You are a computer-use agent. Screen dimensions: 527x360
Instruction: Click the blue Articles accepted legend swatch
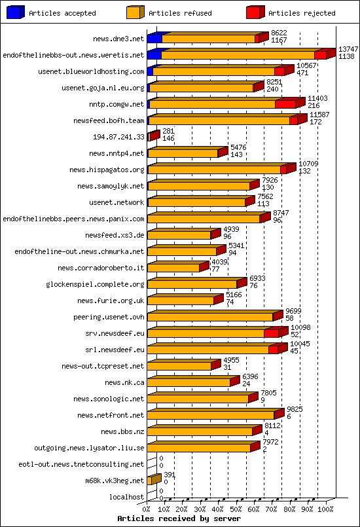click(x=13, y=12)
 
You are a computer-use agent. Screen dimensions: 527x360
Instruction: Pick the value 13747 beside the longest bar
click(x=348, y=50)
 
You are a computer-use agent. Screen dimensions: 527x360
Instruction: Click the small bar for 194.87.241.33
click(x=153, y=137)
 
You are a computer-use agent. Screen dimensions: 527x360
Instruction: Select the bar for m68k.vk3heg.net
click(x=153, y=481)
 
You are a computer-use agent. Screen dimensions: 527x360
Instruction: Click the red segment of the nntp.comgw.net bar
click(x=285, y=104)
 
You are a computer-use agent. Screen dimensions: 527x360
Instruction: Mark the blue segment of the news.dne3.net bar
click(x=154, y=39)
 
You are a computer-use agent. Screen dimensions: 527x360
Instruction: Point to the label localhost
click(x=126, y=497)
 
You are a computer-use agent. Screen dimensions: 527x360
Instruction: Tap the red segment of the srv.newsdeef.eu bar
click(x=272, y=333)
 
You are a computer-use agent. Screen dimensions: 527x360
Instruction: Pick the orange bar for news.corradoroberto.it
click(x=173, y=268)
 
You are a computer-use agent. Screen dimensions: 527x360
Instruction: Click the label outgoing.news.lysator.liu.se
click(x=89, y=448)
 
